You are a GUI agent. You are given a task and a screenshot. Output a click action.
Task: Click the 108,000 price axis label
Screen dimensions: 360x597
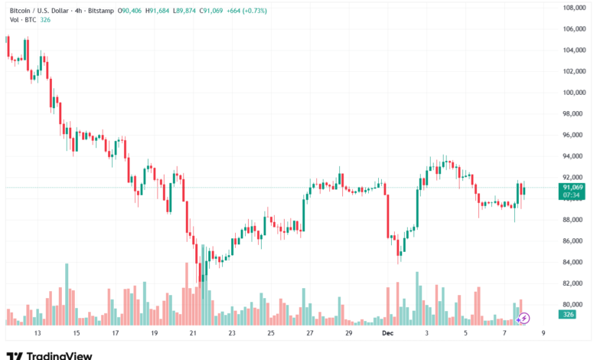click(x=573, y=8)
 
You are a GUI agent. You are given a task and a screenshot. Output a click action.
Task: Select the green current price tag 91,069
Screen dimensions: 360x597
click(x=573, y=188)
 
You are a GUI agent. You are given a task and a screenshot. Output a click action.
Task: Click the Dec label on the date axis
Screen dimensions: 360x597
click(x=388, y=334)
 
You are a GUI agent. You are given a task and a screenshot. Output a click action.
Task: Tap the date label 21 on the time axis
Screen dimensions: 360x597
click(x=193, y=334)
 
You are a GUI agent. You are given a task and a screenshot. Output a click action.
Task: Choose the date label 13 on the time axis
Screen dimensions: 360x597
click(x=37, y=334)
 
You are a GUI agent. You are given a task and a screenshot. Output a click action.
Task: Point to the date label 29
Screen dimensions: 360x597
click(x=348, y=334)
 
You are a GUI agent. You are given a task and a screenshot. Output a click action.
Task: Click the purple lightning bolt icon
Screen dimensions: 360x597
click(x=524, y=317)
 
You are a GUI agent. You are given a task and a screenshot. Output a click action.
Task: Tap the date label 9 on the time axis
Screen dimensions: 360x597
click(x=542, y=334)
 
